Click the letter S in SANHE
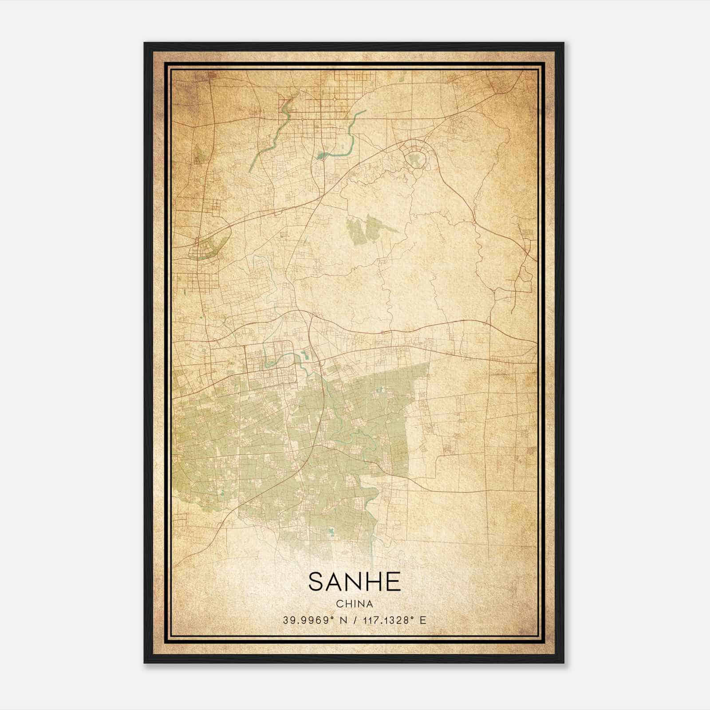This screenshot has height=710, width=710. point(317,582)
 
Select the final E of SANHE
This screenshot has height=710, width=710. point(393,582)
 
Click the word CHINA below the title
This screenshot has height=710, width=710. point(355,604)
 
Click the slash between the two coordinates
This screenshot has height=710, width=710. point(355,620)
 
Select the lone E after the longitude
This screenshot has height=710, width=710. point(423,620)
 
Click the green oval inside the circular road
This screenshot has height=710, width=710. point(415,158)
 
